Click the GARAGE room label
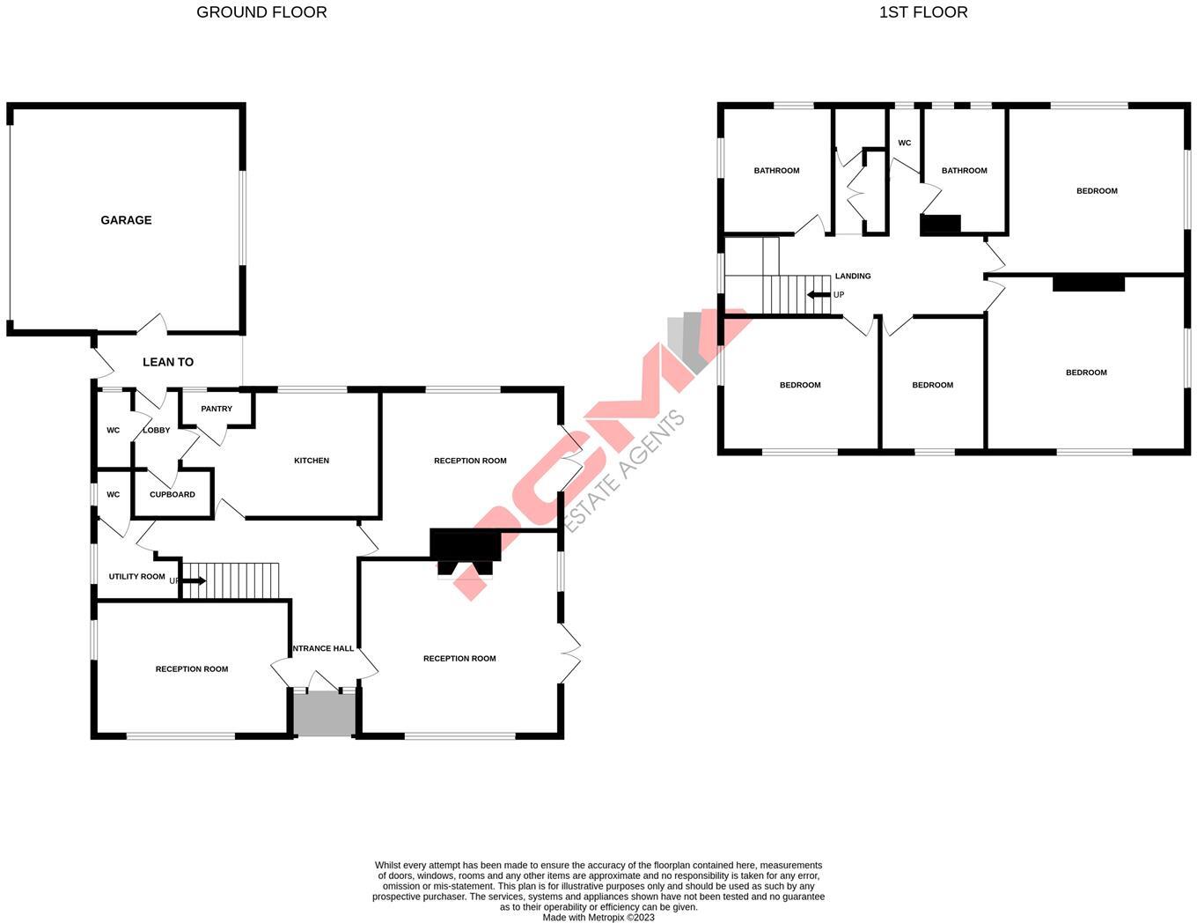[126, 220]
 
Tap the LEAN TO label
[168, 362]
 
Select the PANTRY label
[217, 409]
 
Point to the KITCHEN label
[312, 461]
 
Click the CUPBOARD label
[173, 495]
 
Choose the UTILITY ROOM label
[137, 577]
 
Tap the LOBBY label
[157, 431]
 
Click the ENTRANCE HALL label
[323, 649]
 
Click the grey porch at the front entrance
[324, 713]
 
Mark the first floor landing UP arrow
[819, 295]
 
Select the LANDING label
[853, 277]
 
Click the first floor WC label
[904, 143]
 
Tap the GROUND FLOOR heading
[261, 12]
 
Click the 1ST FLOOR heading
[923, 12]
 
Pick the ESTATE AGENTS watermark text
[624, 471]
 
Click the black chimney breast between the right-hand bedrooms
[1089, 283]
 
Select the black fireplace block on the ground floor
[465, 545]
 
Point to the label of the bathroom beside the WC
[964, 171]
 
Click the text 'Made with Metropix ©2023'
[598, 917]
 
